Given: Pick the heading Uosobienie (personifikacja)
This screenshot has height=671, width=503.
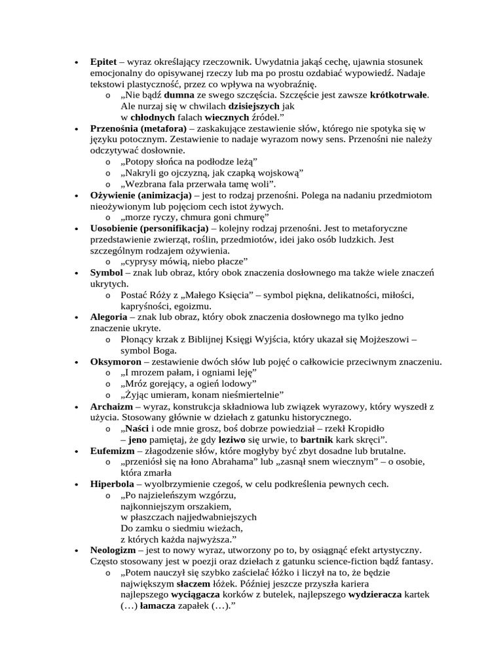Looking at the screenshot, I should click(149, 227).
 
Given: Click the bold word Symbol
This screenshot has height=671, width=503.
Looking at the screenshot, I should click(105, 272).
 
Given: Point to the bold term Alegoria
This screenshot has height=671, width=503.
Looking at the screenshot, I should click(109, 316).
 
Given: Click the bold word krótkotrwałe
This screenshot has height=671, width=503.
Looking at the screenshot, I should click(399, 94).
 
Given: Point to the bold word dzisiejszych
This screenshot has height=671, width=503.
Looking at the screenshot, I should click(254, 105).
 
